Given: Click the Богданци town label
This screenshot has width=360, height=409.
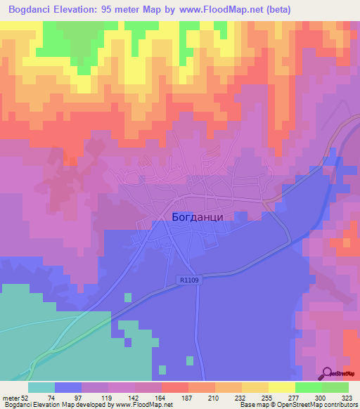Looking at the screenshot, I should (198, 217).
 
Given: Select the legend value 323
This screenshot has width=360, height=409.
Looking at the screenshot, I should (348, 397).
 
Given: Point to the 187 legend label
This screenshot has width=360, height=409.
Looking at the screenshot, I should (188, 397).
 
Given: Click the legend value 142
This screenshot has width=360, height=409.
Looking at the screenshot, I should (134, 397).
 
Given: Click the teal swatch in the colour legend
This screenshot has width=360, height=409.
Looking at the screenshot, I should (41, 387).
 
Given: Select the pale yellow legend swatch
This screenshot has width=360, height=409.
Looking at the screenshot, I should (282, 387).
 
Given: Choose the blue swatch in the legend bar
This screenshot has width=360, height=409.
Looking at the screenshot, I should (68, 387).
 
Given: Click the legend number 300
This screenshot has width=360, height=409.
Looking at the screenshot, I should (321, 397).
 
